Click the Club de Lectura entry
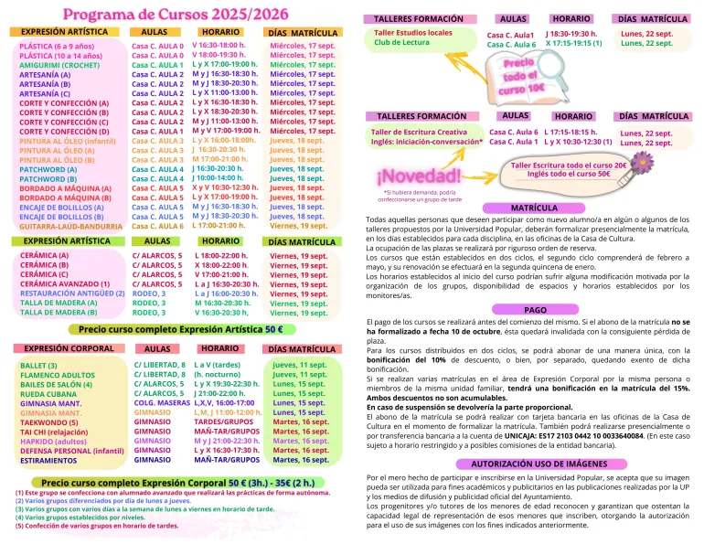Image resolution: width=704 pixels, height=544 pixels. tap(404, 43)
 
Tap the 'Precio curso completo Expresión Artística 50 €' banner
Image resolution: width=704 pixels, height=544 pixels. tap(181, 328)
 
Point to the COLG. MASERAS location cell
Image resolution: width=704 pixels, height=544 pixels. tap(162, 403)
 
